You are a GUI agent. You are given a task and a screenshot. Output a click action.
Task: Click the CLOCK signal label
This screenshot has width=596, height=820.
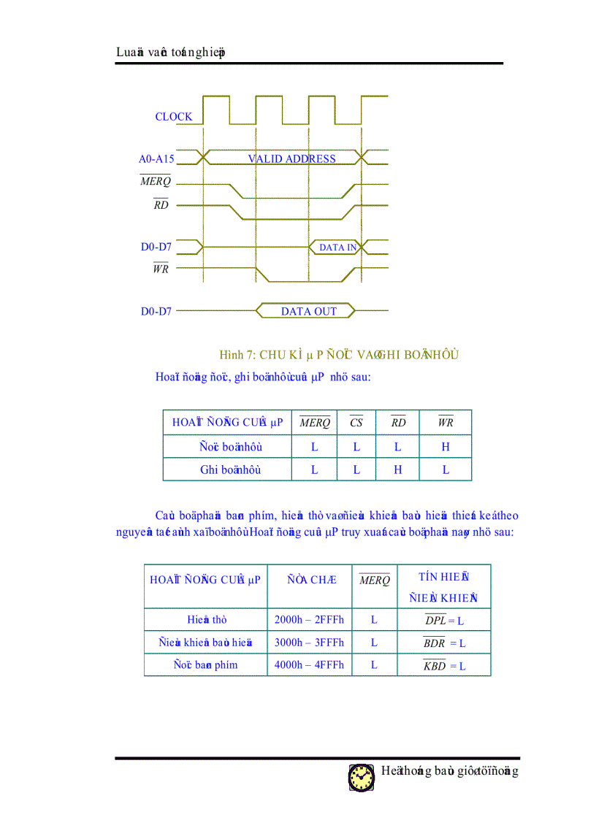click(174, 117)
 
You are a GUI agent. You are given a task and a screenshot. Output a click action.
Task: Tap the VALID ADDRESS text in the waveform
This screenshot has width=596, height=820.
click(291, 159)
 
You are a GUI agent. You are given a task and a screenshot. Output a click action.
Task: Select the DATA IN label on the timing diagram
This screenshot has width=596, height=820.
click(337, 248)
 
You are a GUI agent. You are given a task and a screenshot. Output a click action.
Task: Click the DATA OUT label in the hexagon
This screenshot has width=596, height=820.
click(309, 312)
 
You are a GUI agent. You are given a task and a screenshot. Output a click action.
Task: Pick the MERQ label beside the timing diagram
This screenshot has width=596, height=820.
click(156, 182)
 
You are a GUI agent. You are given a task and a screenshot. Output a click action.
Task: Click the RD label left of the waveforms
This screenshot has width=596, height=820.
click(161, 205)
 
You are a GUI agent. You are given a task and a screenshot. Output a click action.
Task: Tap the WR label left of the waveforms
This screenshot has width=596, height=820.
click(161, 269)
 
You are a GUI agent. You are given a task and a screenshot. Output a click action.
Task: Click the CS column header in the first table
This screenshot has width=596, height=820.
click(356, 423)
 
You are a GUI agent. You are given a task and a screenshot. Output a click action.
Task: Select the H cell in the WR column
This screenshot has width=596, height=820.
click(446, 447)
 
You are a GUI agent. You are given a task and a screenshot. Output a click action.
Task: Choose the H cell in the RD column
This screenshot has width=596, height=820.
click(398, 470)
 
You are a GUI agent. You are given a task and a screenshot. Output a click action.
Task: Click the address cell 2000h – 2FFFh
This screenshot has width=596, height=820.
click(309, 620)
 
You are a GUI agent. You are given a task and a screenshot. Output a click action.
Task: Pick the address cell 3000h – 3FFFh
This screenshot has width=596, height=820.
click(309, 643)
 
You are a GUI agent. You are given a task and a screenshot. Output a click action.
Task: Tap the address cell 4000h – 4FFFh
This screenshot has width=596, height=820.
click(309, 666)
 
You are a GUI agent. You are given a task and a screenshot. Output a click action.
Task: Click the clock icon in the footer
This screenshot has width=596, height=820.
click(361, 778)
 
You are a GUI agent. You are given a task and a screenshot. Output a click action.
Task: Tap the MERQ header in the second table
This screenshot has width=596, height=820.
click(375, 580)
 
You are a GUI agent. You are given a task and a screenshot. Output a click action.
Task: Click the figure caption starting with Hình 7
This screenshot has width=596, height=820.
click(339, 355)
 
